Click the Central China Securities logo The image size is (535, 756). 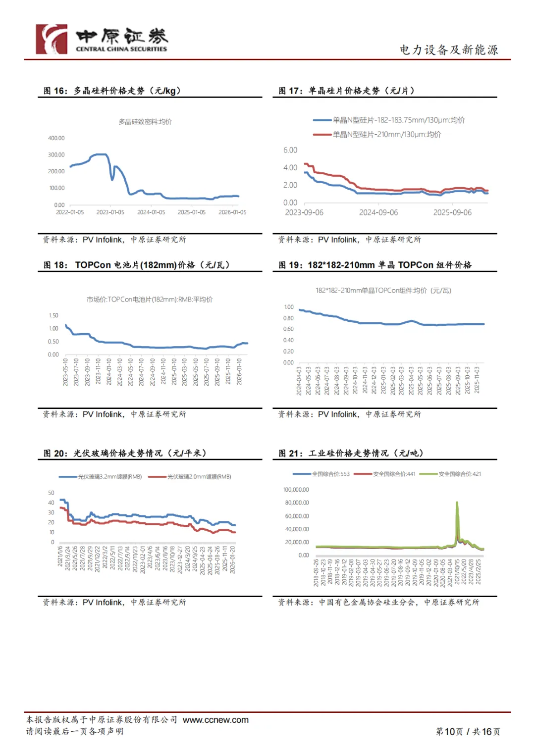(101, 39)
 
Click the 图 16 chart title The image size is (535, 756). (112, 91)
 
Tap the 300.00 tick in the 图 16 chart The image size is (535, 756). (56, 155)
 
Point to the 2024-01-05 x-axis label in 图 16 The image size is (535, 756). (151, 212)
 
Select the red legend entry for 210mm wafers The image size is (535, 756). (386, 134)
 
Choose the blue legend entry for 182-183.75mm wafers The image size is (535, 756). (398, 120)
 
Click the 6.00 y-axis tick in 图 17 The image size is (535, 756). (290, 150)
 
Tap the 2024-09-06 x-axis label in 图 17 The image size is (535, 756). (378, 212)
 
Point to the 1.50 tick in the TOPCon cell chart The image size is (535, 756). (53, 315)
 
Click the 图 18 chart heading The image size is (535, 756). (136, 265)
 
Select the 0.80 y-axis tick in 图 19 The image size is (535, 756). (288, 318)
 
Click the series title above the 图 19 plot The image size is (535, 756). (383, 291)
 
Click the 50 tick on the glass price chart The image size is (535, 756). (51, 493)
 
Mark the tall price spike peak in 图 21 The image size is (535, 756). (457, 503)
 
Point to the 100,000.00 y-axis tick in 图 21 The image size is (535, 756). (296, 490)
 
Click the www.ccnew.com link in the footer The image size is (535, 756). (215, 720)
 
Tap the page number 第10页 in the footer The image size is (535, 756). (449, 732)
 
